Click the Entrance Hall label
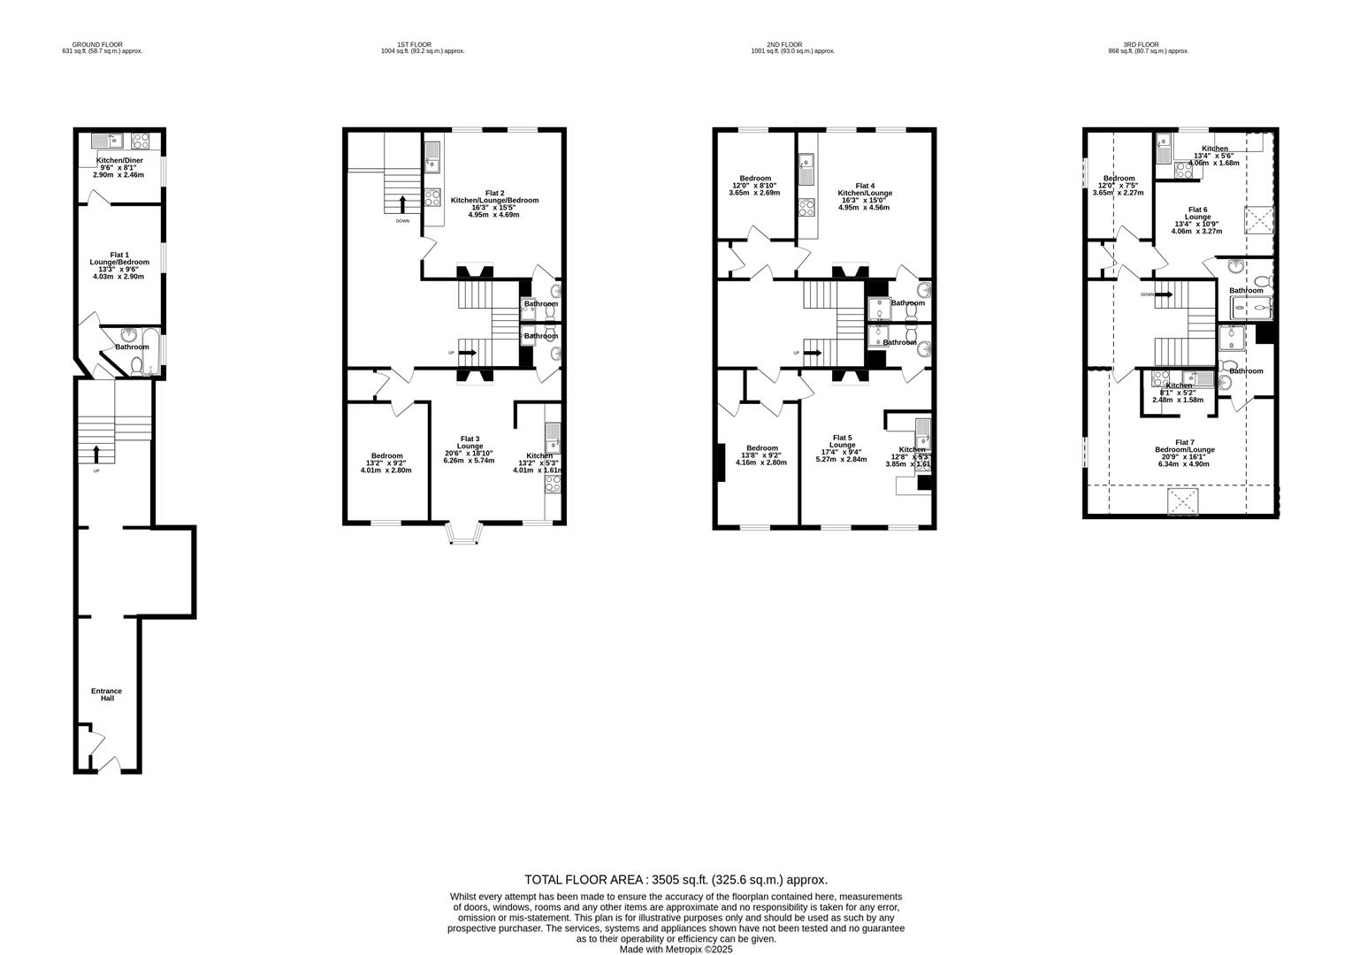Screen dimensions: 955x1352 click(x=106, y=694)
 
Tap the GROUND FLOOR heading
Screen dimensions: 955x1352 click(x=97, y=44)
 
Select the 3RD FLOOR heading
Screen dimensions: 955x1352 click(x=1141, y=44)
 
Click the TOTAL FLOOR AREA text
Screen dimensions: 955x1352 click(x=676, y=879)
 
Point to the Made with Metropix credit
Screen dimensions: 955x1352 click(x=676, y=949)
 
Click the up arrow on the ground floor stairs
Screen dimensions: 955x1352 click(x=96, y=454)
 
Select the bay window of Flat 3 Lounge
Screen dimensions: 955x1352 click(x=464, y=532)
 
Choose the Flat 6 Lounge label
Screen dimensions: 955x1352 click(x=1197, y=217)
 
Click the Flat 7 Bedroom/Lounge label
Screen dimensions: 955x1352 click(x=1184, y=449)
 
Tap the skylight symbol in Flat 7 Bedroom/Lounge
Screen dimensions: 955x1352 click(x=1183, y=503)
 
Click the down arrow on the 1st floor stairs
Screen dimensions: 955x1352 click(x=403, y=203)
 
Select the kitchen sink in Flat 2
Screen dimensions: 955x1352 click(x=433, y=162)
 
